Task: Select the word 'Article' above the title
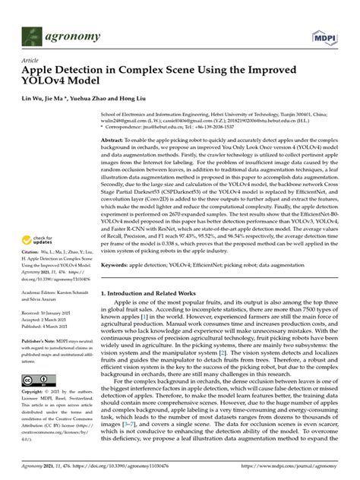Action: (30, 59)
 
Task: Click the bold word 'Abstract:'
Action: (115, 141)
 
